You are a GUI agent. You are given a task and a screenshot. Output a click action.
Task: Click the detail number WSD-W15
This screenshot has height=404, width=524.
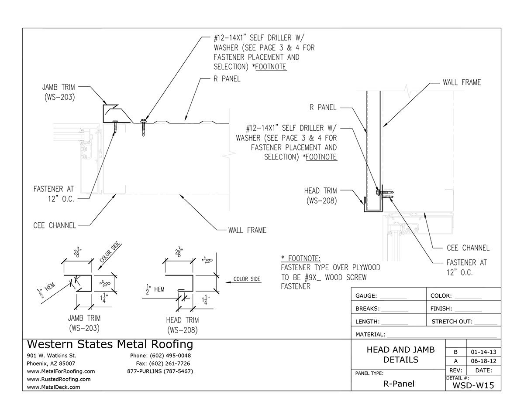pos(473,385)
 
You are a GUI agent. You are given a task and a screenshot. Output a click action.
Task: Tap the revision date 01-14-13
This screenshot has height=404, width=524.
pos(483,352)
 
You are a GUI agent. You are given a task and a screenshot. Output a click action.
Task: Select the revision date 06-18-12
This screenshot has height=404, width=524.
pos(483,361)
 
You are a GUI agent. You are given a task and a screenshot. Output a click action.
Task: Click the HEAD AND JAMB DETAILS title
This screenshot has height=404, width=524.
pos(400,354)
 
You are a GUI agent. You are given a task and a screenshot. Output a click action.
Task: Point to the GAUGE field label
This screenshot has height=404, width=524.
pos(366,296)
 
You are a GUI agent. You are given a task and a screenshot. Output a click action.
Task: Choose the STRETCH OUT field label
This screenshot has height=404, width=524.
pos(452,322)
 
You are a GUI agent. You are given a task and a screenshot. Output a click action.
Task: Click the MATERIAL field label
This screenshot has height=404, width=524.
pos(370,334)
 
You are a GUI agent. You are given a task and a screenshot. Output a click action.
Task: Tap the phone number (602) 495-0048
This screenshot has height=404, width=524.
pos(170,356)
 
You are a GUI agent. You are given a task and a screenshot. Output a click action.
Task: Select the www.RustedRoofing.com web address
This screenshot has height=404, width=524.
pos(59,379)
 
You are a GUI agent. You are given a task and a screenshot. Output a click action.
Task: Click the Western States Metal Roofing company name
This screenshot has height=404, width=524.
pos(110,344)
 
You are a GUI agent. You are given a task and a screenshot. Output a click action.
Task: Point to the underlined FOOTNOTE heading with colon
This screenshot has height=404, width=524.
pos(301,258)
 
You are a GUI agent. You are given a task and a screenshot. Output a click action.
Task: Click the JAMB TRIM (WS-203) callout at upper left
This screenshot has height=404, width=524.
pos(59,92)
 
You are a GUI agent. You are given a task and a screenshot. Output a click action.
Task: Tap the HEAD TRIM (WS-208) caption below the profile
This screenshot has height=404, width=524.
pos(183,325)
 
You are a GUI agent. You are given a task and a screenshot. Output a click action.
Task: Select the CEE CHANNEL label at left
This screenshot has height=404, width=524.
pos(55,225)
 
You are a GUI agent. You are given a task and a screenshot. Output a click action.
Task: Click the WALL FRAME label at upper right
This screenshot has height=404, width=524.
pos(462,82)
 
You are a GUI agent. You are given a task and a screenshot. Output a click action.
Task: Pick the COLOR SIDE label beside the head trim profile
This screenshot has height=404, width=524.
pos(247,279)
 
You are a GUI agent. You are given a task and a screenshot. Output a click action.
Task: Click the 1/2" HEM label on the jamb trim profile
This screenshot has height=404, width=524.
pos(46,290)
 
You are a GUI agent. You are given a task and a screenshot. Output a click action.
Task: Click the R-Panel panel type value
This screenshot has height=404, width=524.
pos(399,384)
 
